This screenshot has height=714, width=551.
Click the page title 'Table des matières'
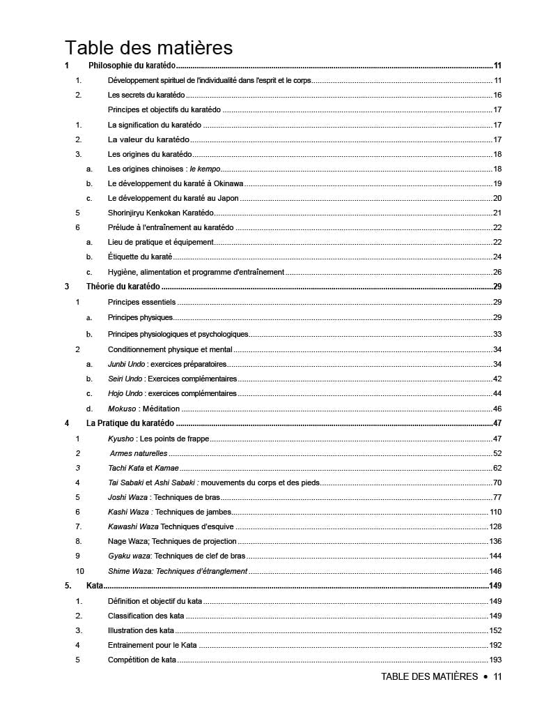tap(148, 48)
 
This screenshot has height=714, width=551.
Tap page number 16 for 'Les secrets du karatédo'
tap(497, 95)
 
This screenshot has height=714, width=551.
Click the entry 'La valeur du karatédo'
tap(149, 139)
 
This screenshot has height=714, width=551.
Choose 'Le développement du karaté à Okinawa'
tap(176, 183)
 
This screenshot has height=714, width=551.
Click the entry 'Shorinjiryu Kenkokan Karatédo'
tap(161, 213)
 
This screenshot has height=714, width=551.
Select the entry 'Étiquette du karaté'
tap(140, 257)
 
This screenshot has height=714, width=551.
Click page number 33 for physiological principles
tap(497, 335)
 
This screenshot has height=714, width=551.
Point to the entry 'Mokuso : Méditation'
tap(143, 409)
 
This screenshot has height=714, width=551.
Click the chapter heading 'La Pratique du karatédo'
tap(130, 423)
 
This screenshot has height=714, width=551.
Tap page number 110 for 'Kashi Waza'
tap(496, 512)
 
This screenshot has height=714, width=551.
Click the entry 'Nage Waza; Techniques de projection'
tap(172, 541)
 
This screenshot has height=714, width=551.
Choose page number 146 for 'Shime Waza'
tap(496, 571)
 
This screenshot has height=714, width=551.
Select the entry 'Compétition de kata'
tap(142, 660)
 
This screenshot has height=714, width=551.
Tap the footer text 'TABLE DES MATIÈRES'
tap(429, 676)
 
